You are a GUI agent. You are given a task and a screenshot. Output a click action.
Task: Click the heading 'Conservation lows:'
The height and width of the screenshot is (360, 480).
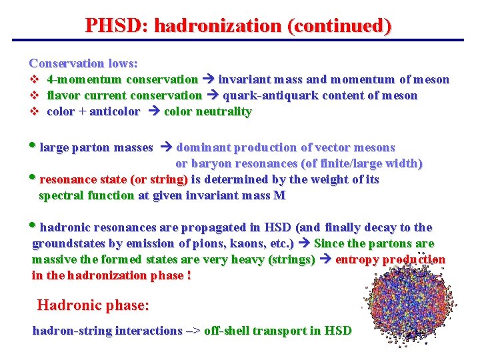[83, 63]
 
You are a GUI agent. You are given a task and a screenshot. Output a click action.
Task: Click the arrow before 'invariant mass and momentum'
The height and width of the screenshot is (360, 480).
[208, 80]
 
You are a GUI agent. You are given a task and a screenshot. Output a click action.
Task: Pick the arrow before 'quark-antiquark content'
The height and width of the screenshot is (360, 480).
[212, 96]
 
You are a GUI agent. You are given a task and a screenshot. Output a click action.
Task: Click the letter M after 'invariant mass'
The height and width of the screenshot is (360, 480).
[279, 195]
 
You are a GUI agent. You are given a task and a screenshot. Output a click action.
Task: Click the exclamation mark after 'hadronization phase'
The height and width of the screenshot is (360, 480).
[189, 275]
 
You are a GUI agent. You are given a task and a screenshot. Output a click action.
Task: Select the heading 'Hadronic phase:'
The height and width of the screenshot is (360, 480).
[93, 306]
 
